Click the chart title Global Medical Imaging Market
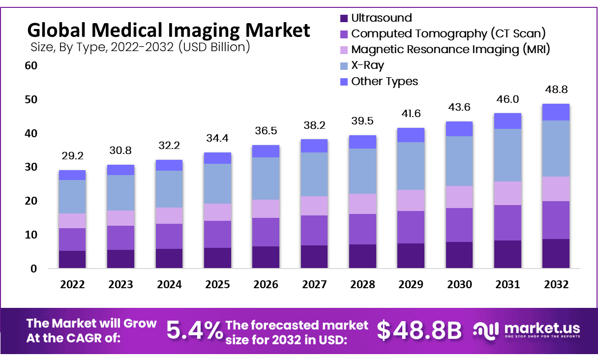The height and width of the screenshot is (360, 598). pos(169,30)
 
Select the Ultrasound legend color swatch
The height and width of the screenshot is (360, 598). pos(344,18)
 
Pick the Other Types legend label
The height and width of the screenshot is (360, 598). pos(384,81)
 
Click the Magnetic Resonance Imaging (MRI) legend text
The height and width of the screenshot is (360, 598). pos(450,49)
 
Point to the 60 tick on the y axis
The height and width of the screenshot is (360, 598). pos(30,65)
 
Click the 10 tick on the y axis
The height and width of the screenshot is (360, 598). pos(30,235)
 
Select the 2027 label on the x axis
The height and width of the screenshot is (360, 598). pos(314,285)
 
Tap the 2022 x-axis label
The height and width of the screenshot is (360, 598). pos(72,285)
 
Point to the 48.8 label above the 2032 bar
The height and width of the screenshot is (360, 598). pos(556,90)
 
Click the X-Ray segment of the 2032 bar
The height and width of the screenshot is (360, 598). pos(556,148)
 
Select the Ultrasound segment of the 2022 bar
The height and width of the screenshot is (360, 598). pos(72,259)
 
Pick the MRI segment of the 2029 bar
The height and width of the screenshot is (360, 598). pos(411,200)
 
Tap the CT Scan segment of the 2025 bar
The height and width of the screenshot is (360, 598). pos(217,234)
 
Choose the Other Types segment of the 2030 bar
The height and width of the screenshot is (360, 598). pos(459,129)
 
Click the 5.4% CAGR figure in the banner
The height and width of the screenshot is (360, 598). pos(194,330)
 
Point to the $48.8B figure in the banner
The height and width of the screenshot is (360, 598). pos(419,330)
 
